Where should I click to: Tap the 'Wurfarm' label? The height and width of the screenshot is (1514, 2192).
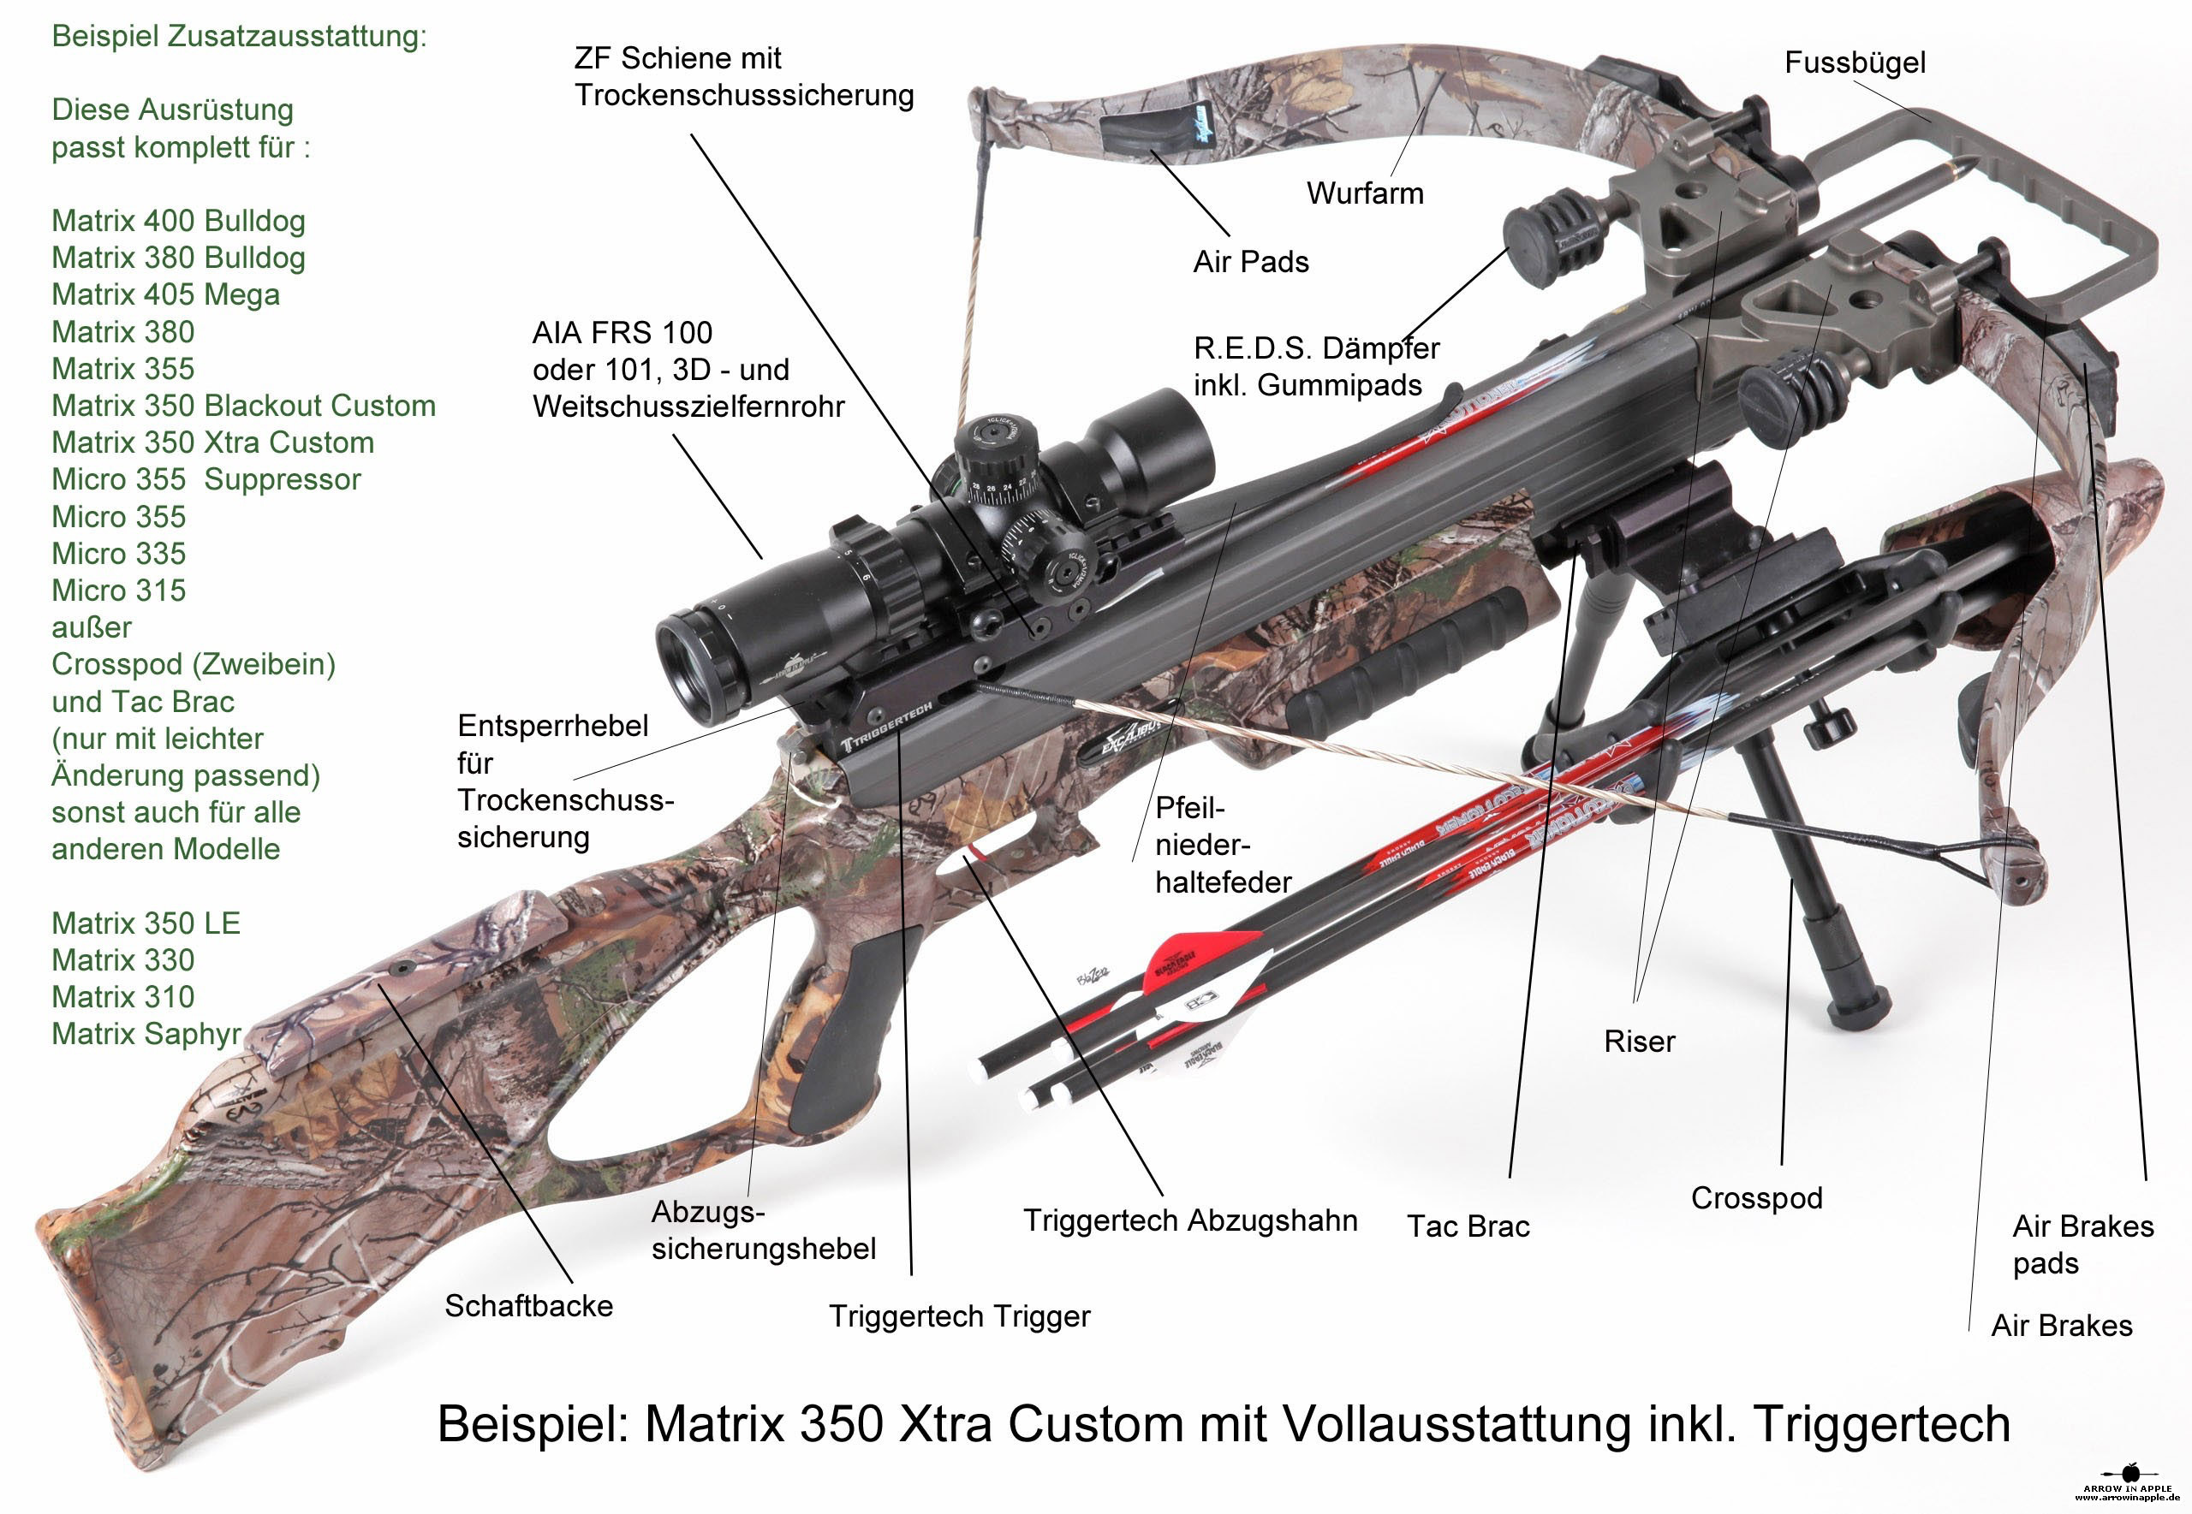tap(1365, 193)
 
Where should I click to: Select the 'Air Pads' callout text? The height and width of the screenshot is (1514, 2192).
tap(1251, 262)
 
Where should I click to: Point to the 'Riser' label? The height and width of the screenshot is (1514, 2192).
tap(1639, 1042)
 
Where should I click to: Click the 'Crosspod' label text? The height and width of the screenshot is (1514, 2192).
tap(1756, 1198)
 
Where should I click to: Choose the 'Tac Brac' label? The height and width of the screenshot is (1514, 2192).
tap(1468, 1226)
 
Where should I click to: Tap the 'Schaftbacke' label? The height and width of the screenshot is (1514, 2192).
tap(528, 1306)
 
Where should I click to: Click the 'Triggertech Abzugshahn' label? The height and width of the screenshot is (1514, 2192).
tap(1190, 1221)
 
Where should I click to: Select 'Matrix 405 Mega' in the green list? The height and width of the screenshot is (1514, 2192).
tap(165, 295)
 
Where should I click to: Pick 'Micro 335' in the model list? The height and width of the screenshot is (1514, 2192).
tap(119, 554)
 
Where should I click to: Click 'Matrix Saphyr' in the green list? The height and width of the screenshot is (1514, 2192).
tap(146, 1034)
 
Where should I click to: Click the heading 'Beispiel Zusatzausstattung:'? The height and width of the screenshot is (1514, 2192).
tap(239, 36)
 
